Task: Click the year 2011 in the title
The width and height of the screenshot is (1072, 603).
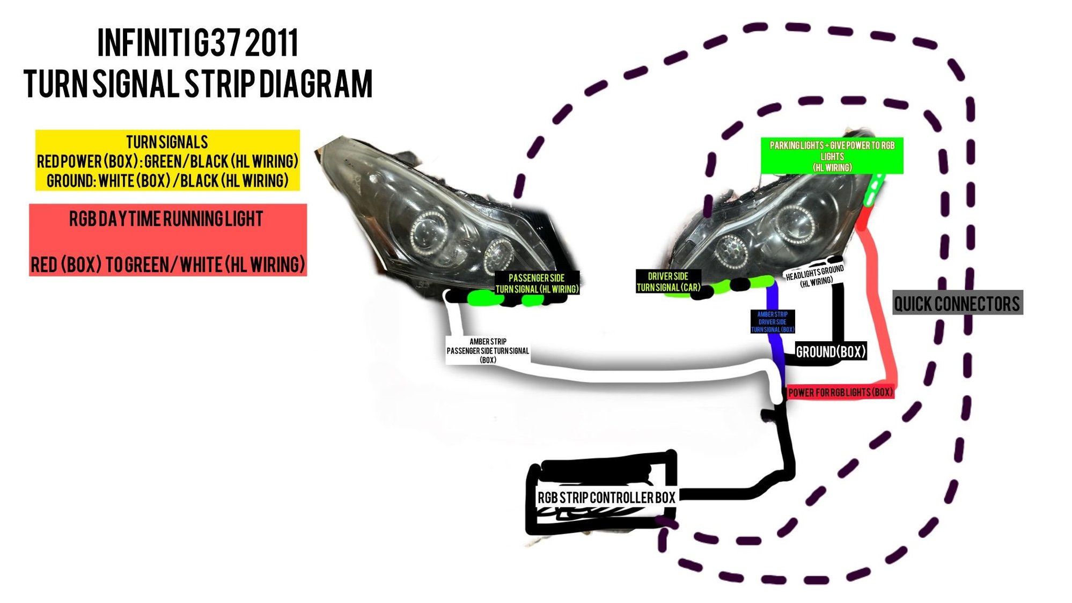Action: coord(271,43)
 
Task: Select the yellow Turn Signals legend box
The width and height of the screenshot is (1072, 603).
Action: coord(167,160)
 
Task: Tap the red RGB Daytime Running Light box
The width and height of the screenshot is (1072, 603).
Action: coord(167,240)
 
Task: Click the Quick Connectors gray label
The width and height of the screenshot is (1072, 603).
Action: coord(957,303)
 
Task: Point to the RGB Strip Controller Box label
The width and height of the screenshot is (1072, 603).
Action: coord(606,498)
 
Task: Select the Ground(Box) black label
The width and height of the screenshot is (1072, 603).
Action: coord(831,352)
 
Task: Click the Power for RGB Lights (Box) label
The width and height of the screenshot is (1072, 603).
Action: coord(840,393)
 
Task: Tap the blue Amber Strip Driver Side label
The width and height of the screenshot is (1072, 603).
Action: coord(773,322)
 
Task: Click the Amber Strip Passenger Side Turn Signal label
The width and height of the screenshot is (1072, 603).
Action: coord(488,351)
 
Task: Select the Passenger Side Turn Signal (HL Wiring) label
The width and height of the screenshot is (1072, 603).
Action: coord(537,284)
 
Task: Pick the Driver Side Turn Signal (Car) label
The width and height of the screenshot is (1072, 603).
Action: coord(668,282)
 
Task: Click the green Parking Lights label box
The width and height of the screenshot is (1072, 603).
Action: coord(832,156)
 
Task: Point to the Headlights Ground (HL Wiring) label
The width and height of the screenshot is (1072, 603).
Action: coord(815,276)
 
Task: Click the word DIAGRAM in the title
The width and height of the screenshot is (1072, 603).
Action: coord(316,84)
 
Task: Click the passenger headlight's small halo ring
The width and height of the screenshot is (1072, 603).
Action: coord(497,255)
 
